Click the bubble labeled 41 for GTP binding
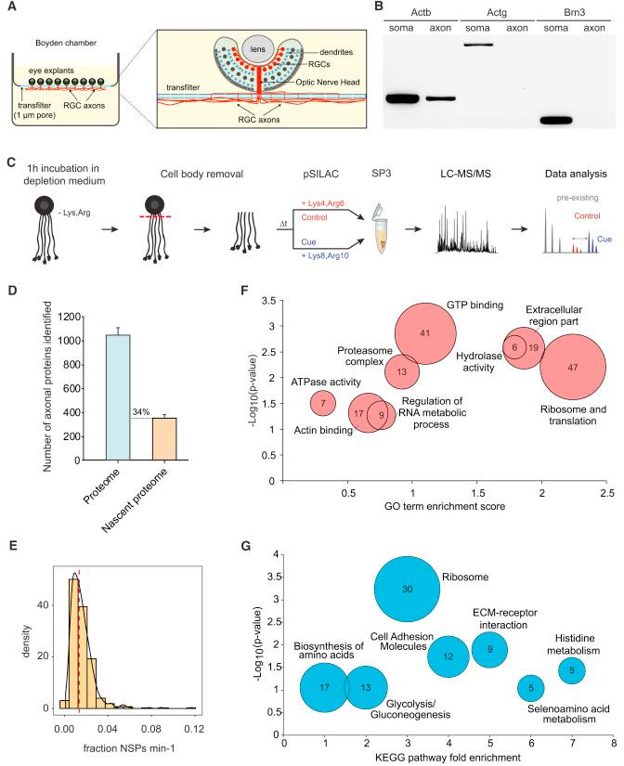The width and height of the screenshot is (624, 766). (423, 332)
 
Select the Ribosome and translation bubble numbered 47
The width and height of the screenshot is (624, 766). (573, 369)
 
